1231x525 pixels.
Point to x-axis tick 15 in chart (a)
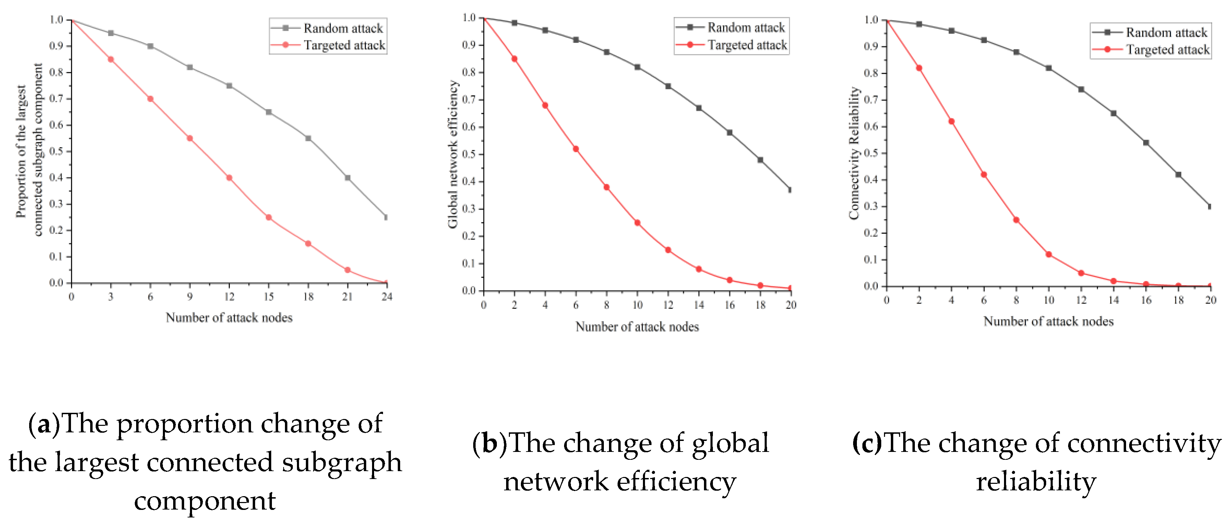pyautogui.click(x=268, y=297)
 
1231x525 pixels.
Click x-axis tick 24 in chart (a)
pyautogui.click(x=386, y=297)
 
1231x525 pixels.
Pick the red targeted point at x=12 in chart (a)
pyautogui.click(x=229, y=178)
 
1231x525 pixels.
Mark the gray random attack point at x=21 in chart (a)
pyautogui.click(x=347, y=178)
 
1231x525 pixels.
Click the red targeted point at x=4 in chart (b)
pyautogui.click(x=545, y=105)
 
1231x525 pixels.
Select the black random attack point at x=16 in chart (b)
pyautogui.click(x=729, y=132)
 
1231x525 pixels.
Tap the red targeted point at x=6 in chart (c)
pyautogui.click(x=983, y=175)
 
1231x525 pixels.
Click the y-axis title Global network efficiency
pyautogui.click(x=453, y=154)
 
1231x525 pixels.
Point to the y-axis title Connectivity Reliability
pyautogui.click(x=854, y=153)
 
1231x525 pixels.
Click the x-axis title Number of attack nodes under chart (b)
pyautogui.click(x=637, y=327)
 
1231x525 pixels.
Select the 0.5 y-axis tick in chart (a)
pyautogui.click(x=56, y=152)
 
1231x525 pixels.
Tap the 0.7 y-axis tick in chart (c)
pyautogui.click(x=871, y=100)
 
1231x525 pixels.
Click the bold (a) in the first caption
pyautogui.click(x=44, y=424)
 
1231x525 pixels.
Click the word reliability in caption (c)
pyautogui.click(x=1036, y=481)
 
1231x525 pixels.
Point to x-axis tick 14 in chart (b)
pyautogui.click(x=698, y=305)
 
